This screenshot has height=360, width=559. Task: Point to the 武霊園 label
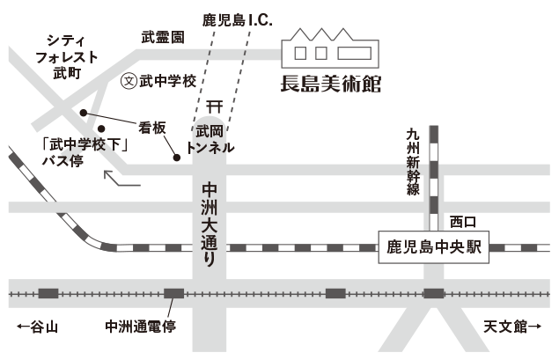(x=164, y=38)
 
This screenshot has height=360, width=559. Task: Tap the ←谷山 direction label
(x=36, y=327)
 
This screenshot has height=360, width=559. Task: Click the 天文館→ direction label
(x=511, y=327)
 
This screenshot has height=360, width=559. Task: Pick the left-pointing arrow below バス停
(x=121, y=180)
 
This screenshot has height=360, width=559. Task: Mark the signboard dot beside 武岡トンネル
(x=177, y=158)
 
